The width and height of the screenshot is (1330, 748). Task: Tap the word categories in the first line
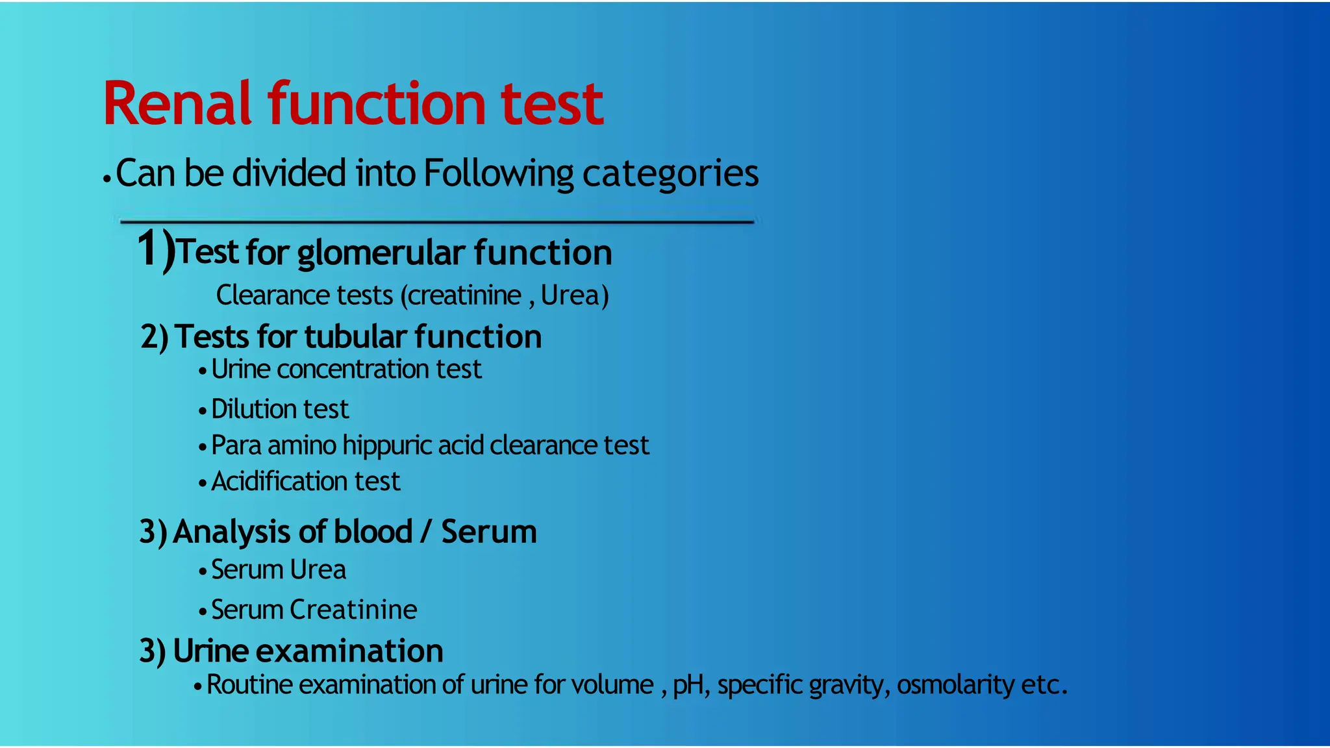point(670,174)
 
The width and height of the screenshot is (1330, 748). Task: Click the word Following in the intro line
point(498,174)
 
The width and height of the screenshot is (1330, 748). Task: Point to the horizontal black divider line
point(436,222)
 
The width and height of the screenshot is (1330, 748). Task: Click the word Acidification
point(277,482)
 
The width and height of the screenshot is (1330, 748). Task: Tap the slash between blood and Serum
point(426,532)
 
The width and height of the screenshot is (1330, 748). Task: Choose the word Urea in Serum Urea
point(318,570)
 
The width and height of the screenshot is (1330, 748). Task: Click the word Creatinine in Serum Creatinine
point(353,610)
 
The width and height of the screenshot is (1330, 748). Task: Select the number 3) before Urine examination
point(153,651)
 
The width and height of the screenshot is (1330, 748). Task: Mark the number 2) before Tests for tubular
point(155,337)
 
